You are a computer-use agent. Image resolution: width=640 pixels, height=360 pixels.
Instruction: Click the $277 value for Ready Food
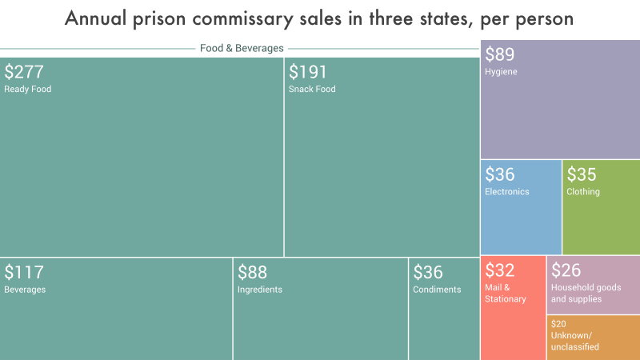pos(24,72)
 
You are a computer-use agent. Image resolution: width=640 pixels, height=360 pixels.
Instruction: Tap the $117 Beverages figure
pos(24,272)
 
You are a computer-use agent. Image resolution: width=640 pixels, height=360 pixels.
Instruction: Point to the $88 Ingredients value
pos(252,272)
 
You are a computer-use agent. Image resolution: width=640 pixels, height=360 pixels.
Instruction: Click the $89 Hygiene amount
pos(500,54)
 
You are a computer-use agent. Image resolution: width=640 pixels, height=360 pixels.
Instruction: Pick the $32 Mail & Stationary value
pos(500,270)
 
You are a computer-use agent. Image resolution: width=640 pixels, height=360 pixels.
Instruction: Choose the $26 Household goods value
pos(566,270)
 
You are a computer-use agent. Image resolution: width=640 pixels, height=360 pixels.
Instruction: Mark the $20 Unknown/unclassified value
pos(558,324)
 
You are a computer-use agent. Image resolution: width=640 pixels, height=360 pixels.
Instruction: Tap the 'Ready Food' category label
pos(28,90)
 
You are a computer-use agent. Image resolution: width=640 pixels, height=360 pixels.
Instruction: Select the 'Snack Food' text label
pos(312,90)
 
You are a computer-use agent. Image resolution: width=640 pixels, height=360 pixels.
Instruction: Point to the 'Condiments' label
pos(437,290)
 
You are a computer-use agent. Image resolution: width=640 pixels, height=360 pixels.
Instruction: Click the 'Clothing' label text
pos(583,192)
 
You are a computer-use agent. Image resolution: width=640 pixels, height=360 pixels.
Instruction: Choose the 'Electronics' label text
pos(507,192)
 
